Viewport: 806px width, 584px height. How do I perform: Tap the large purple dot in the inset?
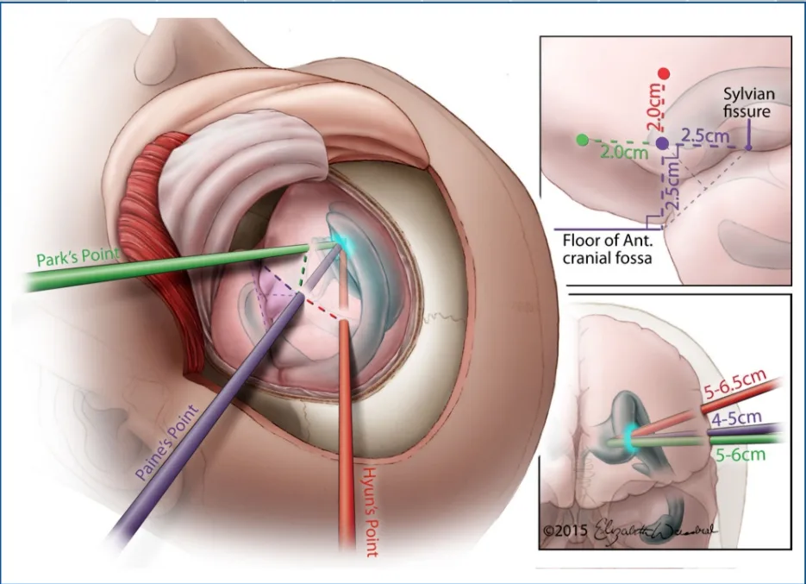[x=662, y=143]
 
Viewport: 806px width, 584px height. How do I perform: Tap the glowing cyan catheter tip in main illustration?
[x=334, y=244]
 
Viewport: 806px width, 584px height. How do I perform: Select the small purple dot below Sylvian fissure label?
[x=748, y=148]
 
